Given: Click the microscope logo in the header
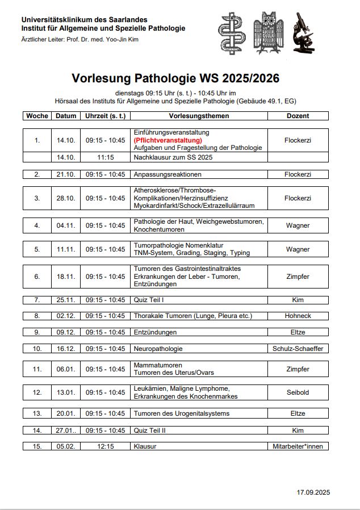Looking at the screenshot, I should coord(304,34).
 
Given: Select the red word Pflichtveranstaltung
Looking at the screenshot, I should coord(168,140).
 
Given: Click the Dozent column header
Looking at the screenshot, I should coord(298,116).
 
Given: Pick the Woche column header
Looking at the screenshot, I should coord(37,116).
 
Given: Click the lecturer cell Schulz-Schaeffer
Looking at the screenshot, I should coord(298,349).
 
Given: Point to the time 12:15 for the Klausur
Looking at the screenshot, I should coord(105,446).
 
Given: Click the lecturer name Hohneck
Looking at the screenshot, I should coord(298,316).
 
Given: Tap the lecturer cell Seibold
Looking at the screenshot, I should coord(298,392).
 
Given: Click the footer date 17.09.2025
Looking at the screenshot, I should coord(313,492).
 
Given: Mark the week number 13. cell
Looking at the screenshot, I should coord(37,413).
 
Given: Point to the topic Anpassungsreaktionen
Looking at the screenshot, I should coord(168,174).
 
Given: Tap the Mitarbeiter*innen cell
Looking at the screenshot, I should coord(298,446).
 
